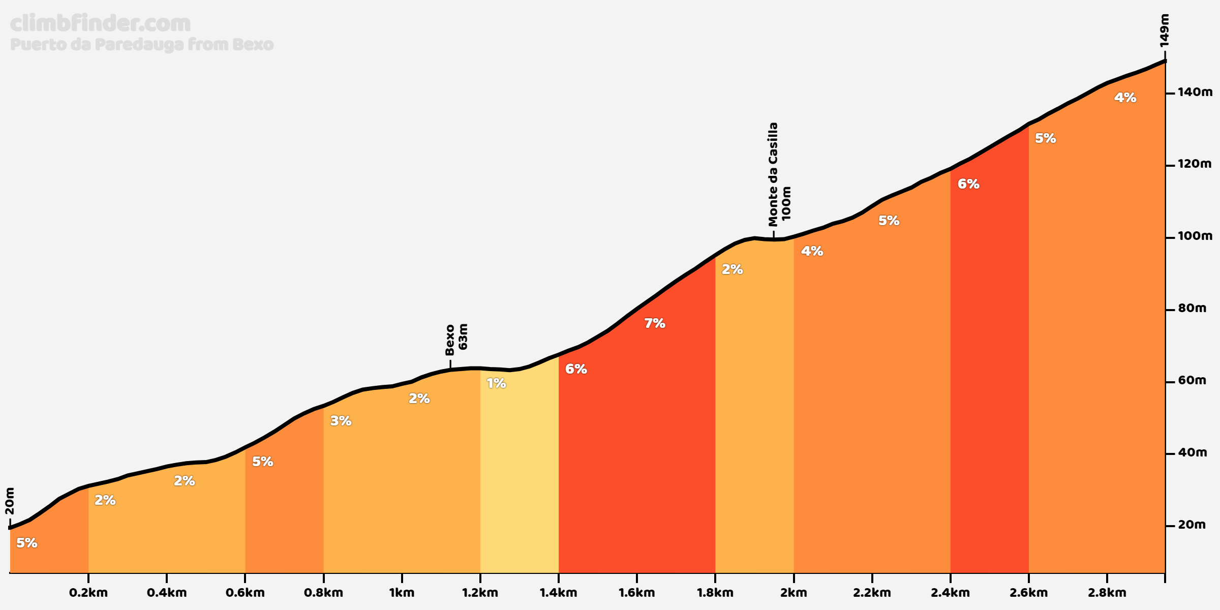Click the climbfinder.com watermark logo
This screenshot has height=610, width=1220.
pyautogui.click(x=100, y=24)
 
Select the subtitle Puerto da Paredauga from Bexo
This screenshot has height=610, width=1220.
pyautogui.click(x=142, y=45)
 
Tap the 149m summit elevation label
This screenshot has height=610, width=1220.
pyautogui.click(x=1165, y=30)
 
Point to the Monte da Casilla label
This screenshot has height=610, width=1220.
pyautogui.click(x=773, y=174)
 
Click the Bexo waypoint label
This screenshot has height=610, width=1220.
pyautogui.click(x=450, y=340)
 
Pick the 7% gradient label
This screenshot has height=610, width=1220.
pyautogui.click(x=655, y=323)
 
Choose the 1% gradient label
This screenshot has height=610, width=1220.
pyautogui.click(x=496, y=383)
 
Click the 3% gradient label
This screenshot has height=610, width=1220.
pyautogui.click(x=341, y=421)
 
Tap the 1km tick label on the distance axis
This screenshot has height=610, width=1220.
pyautogui.click(x=402, y=593)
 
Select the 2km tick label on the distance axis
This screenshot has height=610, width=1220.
pyautogui.click(x=794, y=593)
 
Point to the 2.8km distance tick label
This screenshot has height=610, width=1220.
pyautogui.click(x=1107, y=593)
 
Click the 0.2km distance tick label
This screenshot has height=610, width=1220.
pyautogui.click(x=88, y=593)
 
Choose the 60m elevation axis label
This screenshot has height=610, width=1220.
pyautogui.click(x=1192, y=381)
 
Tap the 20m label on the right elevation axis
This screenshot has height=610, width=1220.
pyautogui.click(x=1192, y=525)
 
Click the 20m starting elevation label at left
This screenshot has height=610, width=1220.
pyautogui.click(x=10, y=501)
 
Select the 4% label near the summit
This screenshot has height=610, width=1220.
pyautogui.click(x=1125, y=98)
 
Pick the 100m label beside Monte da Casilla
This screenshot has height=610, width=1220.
pyautogui.click(x=786, y=203)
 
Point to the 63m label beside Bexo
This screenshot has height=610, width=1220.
pyautogui.click(x=463, y=337)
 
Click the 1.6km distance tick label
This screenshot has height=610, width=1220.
pyautogui.click(x=636, y=593)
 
